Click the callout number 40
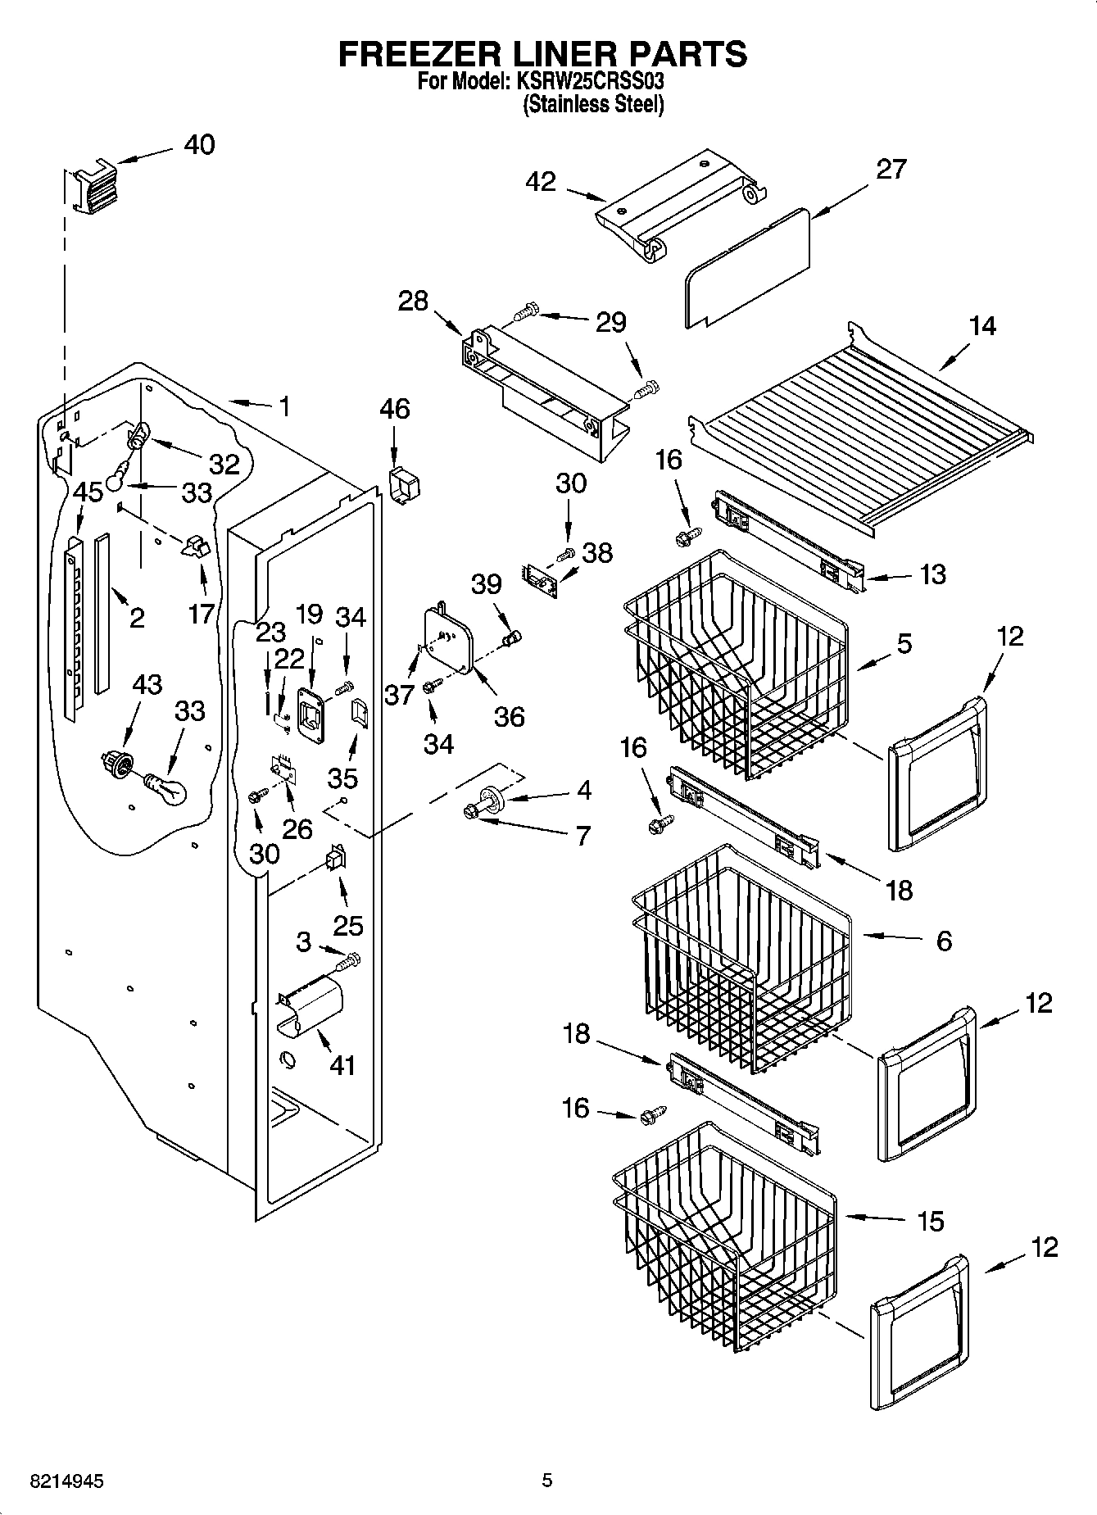click(199, 145)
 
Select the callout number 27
click(891, 169)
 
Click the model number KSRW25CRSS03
click(589, 82)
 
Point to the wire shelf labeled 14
click(860, 426)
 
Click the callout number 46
click(395, 409)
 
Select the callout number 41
click(342, 1065)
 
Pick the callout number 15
click(931, 1221)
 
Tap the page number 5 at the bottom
click(546, 1481)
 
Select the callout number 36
click(509, 717)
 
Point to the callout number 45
click(88, 492)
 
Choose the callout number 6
click(943, 941)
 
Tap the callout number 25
click(348, 926)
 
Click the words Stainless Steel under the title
click(592, 105)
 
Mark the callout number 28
click(413, 301)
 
